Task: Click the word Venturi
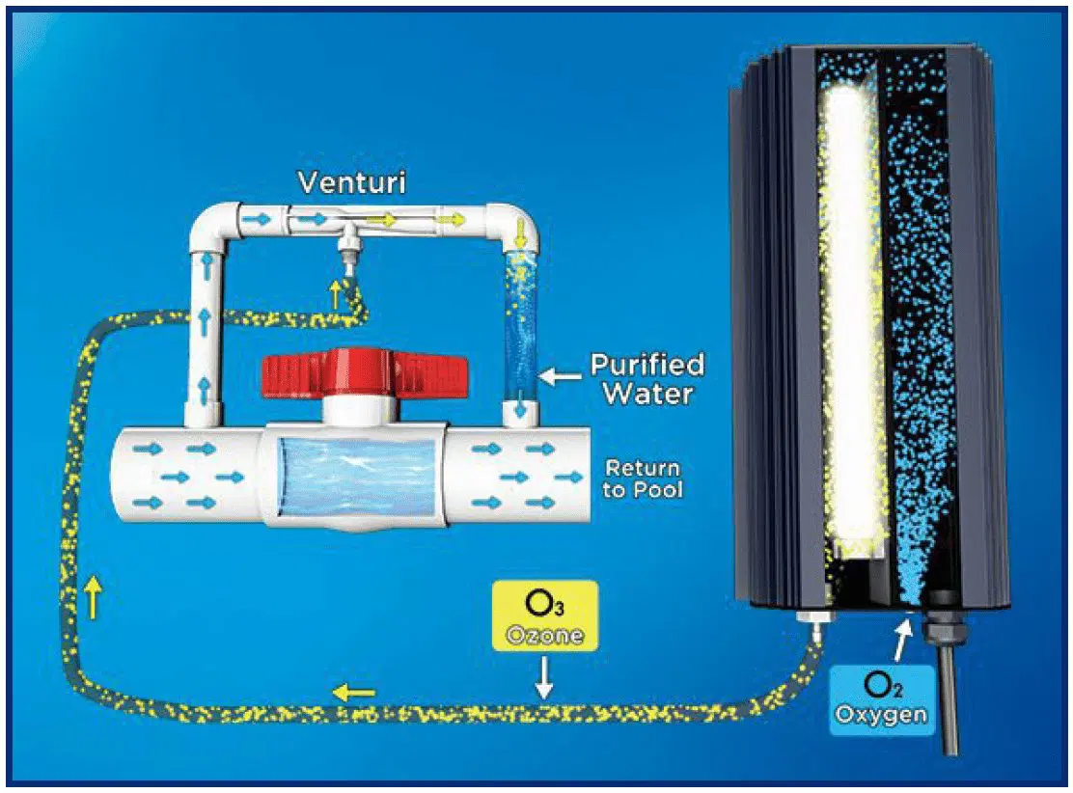click(351, 182)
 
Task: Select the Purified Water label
click(647, 379)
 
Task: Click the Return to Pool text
click(643, 479)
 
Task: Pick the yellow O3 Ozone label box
click(543, 616)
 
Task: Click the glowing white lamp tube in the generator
click(850, 318)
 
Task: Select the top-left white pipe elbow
click(215, 227)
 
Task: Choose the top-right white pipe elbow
click(511, 225)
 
